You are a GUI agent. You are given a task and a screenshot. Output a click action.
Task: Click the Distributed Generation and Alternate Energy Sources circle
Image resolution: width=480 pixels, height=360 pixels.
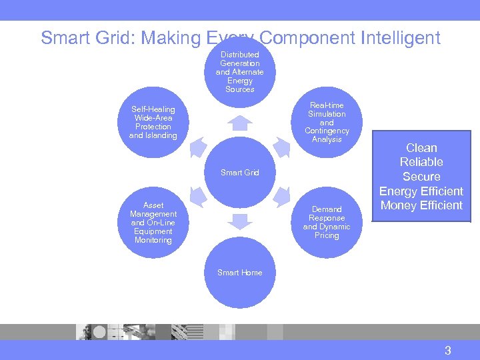point(240,71)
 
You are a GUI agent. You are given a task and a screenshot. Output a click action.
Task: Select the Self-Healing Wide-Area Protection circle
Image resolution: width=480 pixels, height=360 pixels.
point(153,123)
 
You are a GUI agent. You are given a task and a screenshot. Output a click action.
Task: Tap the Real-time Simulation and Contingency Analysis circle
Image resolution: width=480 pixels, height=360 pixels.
point(327,123)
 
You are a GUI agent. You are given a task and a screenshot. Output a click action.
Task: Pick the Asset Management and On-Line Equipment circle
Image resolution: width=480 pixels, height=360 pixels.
point(153,223)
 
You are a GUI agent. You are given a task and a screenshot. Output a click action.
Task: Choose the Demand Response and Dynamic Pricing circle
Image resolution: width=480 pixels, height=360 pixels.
point(327,223)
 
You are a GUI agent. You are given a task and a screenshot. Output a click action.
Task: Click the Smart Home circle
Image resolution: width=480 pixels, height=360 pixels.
point(240,273)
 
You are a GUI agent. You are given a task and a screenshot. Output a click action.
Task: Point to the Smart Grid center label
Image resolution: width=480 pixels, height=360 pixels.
point(240,173)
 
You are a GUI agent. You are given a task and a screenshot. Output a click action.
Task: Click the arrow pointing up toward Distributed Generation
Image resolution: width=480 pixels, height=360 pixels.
point(240,123)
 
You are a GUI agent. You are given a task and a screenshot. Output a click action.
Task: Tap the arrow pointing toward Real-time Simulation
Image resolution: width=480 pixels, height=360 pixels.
point(281,147)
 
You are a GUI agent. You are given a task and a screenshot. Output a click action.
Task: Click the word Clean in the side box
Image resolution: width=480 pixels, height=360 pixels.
point(421,148)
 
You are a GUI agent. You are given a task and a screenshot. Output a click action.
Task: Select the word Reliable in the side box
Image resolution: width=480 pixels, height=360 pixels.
point(421,162)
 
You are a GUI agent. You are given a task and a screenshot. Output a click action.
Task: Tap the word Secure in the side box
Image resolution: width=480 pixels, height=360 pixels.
point(421,177)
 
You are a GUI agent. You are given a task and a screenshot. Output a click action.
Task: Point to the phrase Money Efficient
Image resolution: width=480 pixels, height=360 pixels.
point(421,205)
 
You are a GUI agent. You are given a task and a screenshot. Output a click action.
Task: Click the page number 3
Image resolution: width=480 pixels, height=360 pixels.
point(448,351)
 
